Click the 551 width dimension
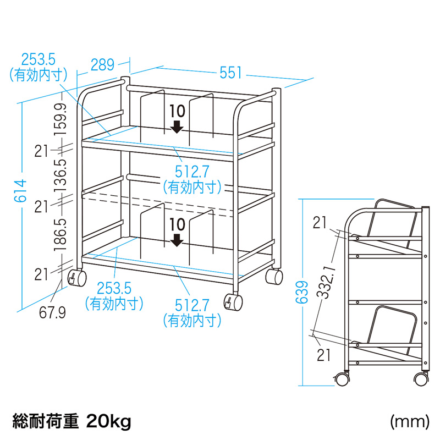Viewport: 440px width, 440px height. [230, 73]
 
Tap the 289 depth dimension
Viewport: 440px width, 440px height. [102, 65]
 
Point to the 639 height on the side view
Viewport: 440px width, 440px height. [302, 292]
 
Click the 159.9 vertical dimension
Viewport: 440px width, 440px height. [61, 119]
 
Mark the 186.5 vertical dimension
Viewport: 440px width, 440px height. [61, 235]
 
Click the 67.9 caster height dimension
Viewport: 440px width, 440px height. [52, 312]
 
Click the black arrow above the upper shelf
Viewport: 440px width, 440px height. [177, 127]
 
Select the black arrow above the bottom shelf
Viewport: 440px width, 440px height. [177, 240]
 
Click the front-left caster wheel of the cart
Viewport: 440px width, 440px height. [77, 278]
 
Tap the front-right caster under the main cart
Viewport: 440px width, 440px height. [233, 302]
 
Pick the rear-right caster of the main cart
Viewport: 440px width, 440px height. [274, 277]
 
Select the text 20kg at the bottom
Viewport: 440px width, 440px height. [108, 421]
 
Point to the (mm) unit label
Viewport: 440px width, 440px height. [409, 421]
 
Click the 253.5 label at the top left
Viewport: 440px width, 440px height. [38, 60]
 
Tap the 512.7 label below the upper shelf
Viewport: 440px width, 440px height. [192, 171]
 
